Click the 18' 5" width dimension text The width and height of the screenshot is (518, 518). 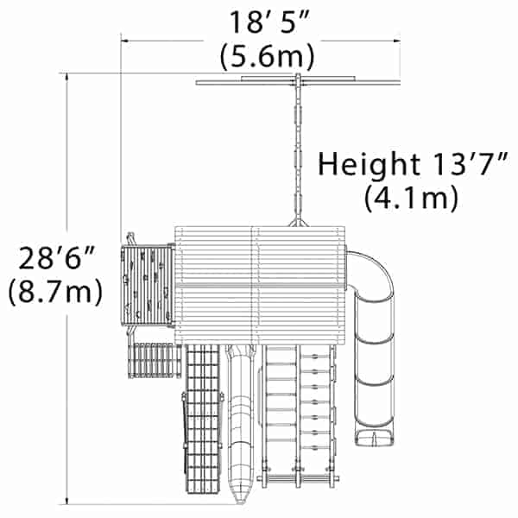[269, 22]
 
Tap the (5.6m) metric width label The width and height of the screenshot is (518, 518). [268, 56]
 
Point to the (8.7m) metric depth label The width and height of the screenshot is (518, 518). [55, 292]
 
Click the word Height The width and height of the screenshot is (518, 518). [369, 165]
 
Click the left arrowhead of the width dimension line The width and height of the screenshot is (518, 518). [125, 41]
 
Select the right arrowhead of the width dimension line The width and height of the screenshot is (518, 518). [396, 41]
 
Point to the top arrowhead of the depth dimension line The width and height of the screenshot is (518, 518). [67, 78]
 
